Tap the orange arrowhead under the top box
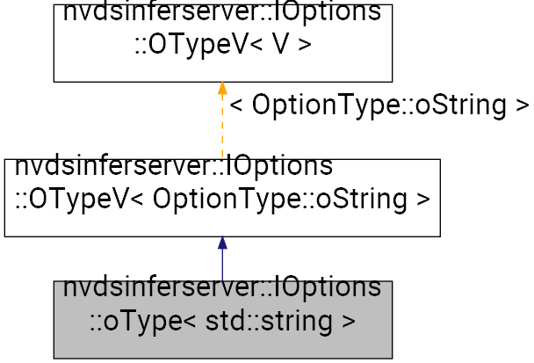click(x=222, y=88)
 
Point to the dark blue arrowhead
click(x=222, y=243)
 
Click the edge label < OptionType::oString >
click(x=379, y=105)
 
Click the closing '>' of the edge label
click(x=521, y=105)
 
